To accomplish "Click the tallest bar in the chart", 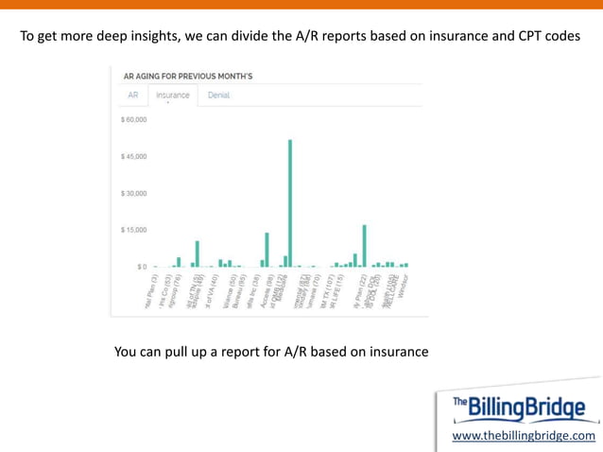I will (290, 203).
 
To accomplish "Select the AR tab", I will (133, 96).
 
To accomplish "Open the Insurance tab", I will (173, 96).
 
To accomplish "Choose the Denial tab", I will (218, 96).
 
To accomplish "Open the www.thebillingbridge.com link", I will (524, 435).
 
